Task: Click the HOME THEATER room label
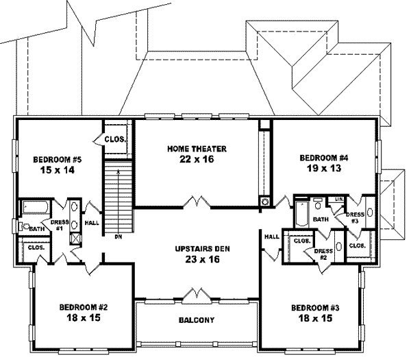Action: [x=197, y=149]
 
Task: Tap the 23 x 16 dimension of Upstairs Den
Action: [x=202, y=259]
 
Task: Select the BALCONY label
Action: [x=197, y=320]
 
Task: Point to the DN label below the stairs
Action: [x=119, y=237]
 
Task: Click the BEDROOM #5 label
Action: [x=58, y=159]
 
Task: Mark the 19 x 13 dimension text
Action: [x=324, y=168]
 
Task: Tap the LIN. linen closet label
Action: [x=340, y=199]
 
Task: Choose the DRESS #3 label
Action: [x=355, y=218]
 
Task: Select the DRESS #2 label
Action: [x=323, y=254]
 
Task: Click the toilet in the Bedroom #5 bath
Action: [x=25, y=227]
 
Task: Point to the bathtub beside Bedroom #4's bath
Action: [x=302, y=214]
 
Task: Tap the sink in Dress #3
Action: [x=370, y=213]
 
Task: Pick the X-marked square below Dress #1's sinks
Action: [x=75, y=239]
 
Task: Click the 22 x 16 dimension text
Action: [x=197, y=159]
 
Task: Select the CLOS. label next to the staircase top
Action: [x=115, y=139]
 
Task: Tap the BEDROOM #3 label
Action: [x=315, y=307]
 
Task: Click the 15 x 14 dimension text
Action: [x=58, y=170]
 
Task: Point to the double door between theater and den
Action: [x=197, y=202]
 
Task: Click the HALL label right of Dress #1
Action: [x=92, y=223]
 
